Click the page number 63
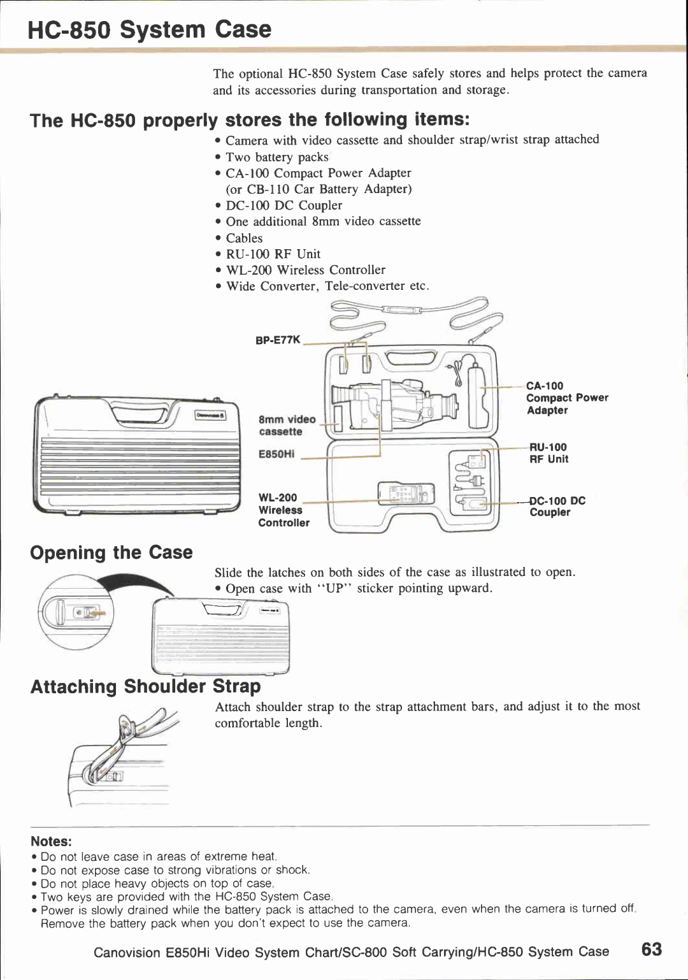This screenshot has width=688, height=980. click(x=651, y=949)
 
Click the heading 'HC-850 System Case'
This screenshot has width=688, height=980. click(x=150, y=29)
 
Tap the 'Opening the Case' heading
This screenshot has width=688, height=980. click(x=111, y=552)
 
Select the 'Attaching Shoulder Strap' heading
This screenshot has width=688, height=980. click(x=146, y=686)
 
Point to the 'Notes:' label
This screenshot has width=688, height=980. click(x=51, y=841)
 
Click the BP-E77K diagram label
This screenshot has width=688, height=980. click(x=278, y=340)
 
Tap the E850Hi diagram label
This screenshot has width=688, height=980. click(x=276, y=454)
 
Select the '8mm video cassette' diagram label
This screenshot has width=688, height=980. click(x=287, y=425)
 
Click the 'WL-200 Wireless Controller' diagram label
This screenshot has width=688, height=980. click(x=283, y=510)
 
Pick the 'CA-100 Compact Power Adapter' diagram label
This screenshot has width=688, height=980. click(x=566, y=398)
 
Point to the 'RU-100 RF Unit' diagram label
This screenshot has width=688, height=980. click(x=548, y=453)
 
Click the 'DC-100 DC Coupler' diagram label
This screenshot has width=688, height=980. click(x=557, y=507)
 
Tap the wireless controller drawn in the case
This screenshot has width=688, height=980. click(x=406, y=493)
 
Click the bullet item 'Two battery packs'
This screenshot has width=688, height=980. click(x=277, y=157)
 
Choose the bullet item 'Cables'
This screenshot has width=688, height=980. click(x=244, y=238)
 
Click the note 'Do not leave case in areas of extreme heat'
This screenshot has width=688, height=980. click(x=158, y=856)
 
